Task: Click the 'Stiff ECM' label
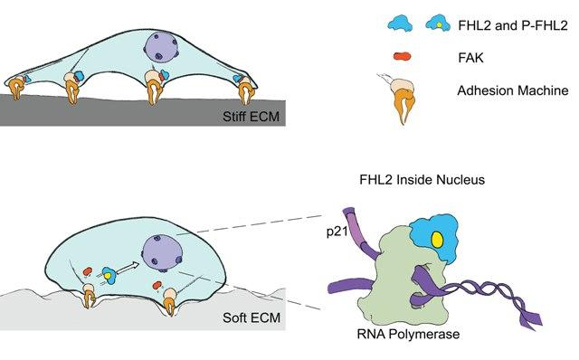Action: pyautogui.click(x=251, y=117)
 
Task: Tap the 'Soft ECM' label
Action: pyautogui.click(x=252, y=317)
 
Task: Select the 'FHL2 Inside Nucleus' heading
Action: pyautogui.click(x=422, y=180)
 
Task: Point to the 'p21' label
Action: pyautogui.click(x=337, y=232)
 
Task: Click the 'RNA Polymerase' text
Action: pyautogui.click(x=408, y=334)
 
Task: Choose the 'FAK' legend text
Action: pyautogui.click(x=470, y=58)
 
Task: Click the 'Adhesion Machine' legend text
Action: pyautogui.click(x=513, y=90)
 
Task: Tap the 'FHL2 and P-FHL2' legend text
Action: pyautogui.click(x=513, y=25)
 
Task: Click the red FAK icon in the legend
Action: pyautogui.click(x=402, y=56)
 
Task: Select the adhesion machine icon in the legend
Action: pyautogui.click(x=402, y=98)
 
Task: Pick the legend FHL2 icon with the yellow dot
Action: pyautogui.click(x=438, y=24)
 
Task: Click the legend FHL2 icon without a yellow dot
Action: pyautogui.click(x=400, y=24)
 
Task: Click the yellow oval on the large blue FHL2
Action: pyautogui.click(x=438, y=239)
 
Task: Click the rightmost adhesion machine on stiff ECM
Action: pyautogui.click(x=244, y=90)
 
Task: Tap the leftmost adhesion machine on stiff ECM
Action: pyautogui.click(x=16, y=87)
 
